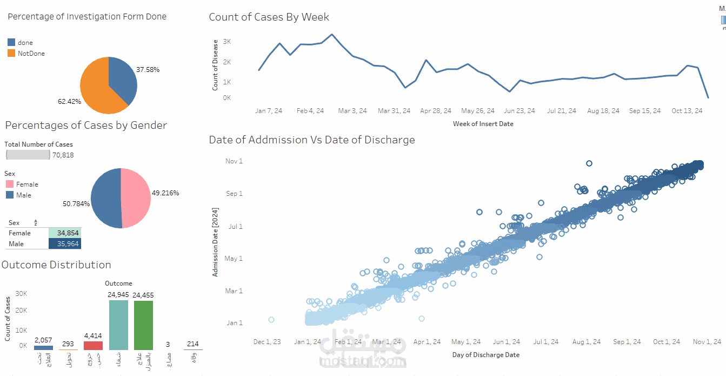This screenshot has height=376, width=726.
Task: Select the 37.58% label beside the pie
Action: tap(148, 70)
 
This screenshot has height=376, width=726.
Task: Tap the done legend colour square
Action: tap(11, 42)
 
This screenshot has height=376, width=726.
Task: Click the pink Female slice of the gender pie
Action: tap(135, 197)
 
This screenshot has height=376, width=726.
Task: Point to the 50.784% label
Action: tap(76, 204)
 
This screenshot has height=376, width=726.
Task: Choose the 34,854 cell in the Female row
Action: tap(65, 233)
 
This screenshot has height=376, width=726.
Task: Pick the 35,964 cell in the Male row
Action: tap(65, 244)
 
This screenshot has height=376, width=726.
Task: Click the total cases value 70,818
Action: tap(63, 155)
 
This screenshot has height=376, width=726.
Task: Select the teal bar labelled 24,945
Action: tap(118, 325)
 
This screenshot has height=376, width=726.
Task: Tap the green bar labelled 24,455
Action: tap(143, 325)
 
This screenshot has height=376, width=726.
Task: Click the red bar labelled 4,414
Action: tap(93, 345)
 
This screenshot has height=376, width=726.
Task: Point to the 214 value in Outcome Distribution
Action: tap(192, 344)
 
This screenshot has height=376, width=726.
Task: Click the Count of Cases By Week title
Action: tap(269, 17)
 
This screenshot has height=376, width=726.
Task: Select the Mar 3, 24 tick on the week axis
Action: tap(352, 111)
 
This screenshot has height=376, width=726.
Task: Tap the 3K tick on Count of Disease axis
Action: tap(227, 42)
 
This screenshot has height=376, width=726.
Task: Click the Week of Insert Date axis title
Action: tap(483, 124)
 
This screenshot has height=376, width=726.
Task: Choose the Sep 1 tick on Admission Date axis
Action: tap(234, 194)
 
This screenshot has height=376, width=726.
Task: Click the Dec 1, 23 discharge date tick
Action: tap(267, 342)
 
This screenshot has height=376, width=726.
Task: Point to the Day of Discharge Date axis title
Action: tap(485, 355)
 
